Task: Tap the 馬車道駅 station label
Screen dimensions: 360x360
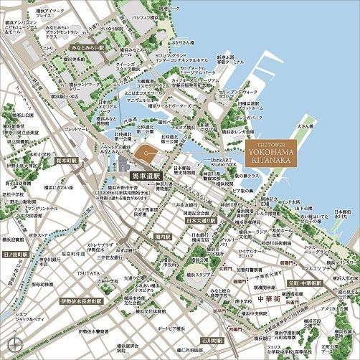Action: coord(144,174)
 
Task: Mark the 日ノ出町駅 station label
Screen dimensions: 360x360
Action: coord(14,254)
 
